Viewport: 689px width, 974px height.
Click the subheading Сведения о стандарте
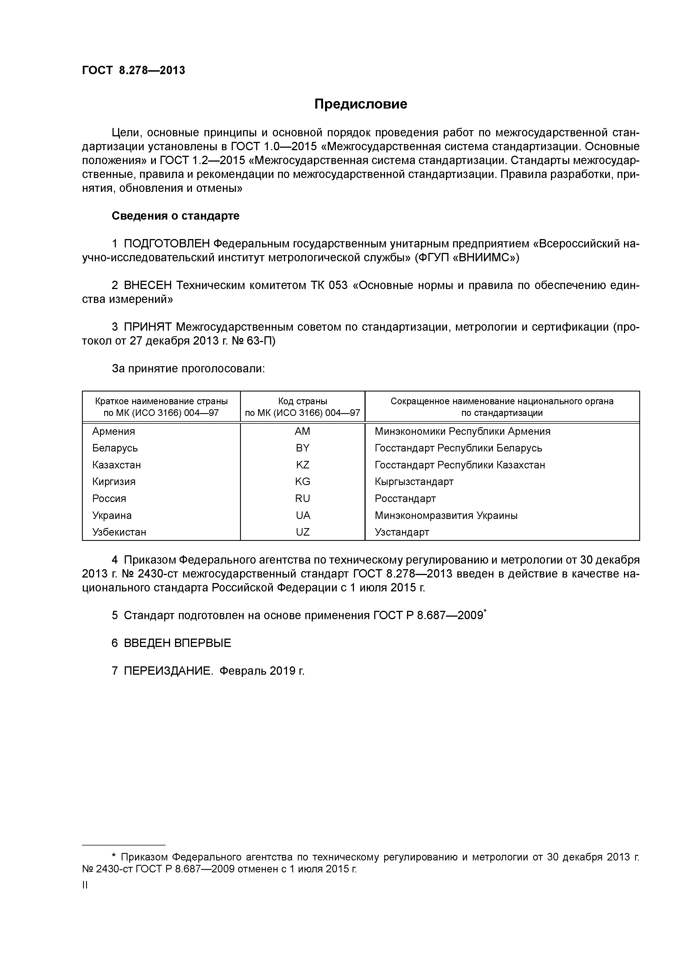(x=175, y=216)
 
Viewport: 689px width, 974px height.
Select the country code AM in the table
(x=302, y=431)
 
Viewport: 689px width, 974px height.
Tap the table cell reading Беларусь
(x=115, y=448)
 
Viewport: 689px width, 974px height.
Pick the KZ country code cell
(x=302, y=465)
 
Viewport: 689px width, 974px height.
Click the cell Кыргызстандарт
(x=414, y=481)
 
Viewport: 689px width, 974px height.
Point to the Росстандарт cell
(x=405, y=498)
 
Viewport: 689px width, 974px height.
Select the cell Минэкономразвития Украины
(x=446, y=515)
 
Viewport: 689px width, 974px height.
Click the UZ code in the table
(x=302, y=532)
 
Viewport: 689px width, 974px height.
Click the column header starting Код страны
(x=302, y=407)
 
